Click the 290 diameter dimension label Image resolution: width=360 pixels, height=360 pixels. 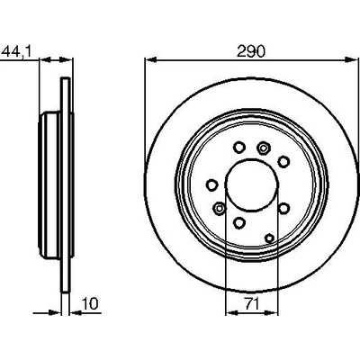click(x=251, y=51)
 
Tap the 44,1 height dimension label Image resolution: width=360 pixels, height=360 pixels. click(x=16, y=51)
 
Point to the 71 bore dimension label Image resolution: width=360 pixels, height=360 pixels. click(x=252, y=304)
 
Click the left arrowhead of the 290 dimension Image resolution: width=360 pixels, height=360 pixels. click(x=151, y=60)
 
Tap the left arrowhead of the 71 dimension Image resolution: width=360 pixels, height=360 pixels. click(x=231, y=313)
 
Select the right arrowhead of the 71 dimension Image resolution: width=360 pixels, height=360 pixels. click(x=272, y=313)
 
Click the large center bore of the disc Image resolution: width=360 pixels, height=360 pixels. click(x=252, y=184)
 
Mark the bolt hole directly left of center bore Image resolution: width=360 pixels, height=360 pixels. click(x=211, y=184)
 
